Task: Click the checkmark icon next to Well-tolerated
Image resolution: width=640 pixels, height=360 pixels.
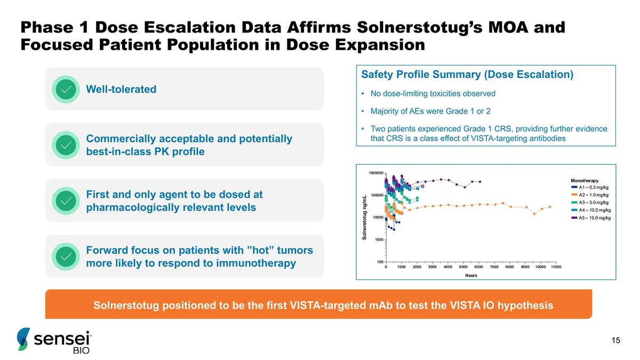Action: coord(66,89)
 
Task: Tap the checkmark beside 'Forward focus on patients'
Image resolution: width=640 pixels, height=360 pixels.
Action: coord(66,257)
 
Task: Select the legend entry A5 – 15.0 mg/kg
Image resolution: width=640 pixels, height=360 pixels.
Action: coord(593,218)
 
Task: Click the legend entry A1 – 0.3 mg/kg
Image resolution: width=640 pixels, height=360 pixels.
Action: coord(593,188)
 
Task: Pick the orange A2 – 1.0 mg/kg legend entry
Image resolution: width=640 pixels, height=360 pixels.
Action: coord(593,195)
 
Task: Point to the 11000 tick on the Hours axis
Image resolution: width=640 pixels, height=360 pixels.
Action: coord(556,267)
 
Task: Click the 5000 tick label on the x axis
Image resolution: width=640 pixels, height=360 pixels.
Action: coord(463,267)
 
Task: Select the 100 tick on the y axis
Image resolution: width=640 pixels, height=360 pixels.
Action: coord(379,262)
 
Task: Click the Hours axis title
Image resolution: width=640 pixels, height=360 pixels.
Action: coord(470,275)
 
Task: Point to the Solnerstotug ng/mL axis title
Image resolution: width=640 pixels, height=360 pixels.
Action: coord(365,218)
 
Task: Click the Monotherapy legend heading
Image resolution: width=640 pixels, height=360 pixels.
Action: coord(585,181)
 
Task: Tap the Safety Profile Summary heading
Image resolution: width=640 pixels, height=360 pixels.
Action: coord(467,75)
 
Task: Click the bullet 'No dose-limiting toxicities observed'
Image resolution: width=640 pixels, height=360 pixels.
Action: coord(433,94)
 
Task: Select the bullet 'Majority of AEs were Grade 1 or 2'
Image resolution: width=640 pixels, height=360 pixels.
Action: coord(430,111)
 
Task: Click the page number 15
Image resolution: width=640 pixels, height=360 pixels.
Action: coord(616,341)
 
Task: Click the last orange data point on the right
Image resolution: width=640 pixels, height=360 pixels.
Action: coord(550,206)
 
